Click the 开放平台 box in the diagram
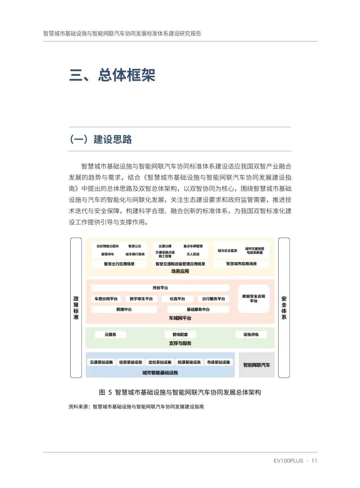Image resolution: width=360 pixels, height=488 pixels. (160, 288)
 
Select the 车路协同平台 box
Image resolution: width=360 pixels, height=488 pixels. (106, 299)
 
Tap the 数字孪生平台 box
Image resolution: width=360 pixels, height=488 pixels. (141, 299)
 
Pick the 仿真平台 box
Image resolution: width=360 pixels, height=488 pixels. (177, 299)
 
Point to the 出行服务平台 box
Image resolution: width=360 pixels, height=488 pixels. (213, 299)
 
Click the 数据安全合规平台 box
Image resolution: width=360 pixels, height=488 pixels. (254, 298)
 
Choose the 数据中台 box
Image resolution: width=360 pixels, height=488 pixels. (124, 309)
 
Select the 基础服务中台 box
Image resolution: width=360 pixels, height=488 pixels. (198, 309)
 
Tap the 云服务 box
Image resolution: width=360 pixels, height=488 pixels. (110, 334)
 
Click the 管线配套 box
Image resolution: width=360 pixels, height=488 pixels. (180, 334)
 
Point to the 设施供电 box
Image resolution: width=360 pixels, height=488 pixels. (251, 334)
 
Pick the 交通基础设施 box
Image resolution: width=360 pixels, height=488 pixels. (101, 362)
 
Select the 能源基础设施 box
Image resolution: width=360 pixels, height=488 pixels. (189, 362)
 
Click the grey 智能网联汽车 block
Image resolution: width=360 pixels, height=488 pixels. (257, 365)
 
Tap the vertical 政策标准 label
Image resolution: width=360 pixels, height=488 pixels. (76, 308)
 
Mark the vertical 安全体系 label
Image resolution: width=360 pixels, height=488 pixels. (284, 308)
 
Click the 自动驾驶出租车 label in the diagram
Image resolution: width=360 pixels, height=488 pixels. (108, 246)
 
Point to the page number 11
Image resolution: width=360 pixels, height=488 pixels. (314, 461)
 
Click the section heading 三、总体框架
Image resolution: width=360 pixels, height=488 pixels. (112, 75)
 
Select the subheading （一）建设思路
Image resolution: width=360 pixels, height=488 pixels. (100, 139)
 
